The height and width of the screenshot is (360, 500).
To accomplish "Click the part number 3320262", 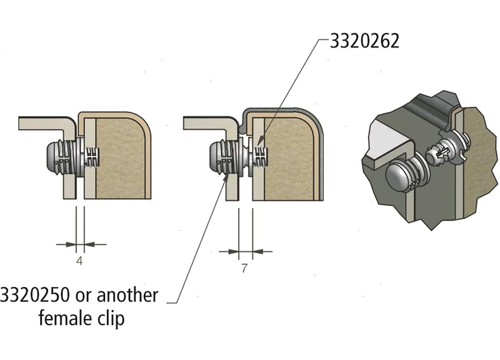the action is pyautogui.click(x=365, y=41).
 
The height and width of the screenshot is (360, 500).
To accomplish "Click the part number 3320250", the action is pyautogui.click(x=35, y=295).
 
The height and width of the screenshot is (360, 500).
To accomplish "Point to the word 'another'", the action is pyautogui.click(x=127, y=295).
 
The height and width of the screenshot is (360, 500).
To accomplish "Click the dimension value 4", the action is pyautogui.click(x=80, y=261).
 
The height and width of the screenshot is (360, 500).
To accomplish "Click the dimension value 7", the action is pyautogui.click(x=245, y=268).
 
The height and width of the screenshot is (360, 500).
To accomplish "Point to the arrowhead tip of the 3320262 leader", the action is pyautogui.click(x=257, y=147).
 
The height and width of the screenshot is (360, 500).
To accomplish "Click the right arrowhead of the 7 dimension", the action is pyautogui.click(x=253, y=252).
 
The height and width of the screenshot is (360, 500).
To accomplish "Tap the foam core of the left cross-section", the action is pyautogui.click(x=120, y=158).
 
